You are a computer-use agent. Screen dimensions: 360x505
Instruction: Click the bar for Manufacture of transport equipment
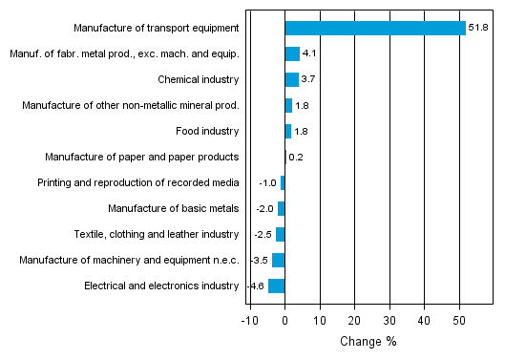click(375, 28)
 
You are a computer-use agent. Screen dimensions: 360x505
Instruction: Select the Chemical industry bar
click(291, 79)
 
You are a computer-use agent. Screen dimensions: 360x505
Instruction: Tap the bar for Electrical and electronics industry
click(277, 286)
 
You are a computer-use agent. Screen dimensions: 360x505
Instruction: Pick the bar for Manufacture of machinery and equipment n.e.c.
click(279, 260)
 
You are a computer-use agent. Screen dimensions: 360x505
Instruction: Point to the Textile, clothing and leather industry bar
click(281, 234)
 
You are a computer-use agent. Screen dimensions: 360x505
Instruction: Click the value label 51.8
click(477, 28)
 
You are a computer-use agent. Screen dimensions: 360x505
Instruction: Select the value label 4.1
click(309, 53)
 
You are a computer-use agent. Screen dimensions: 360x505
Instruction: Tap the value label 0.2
click(296, 157)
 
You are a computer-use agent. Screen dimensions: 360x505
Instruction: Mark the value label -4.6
click(256, 286)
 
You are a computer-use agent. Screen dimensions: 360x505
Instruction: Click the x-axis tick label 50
click(459, 319)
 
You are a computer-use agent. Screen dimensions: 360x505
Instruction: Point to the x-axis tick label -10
click(249, 319)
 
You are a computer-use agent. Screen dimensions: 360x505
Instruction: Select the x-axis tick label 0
click(285, 319)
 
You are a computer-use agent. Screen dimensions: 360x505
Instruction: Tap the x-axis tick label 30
click(389, 319)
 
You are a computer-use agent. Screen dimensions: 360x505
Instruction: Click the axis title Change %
click(368, 341)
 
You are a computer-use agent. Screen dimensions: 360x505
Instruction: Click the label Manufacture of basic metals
click(173, 208)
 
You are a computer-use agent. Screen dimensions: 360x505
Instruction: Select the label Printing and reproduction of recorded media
click(137, 182)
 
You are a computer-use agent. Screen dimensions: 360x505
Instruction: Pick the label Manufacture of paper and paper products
click(142, 157)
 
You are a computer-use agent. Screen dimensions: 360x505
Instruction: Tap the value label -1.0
click(268, 182)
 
